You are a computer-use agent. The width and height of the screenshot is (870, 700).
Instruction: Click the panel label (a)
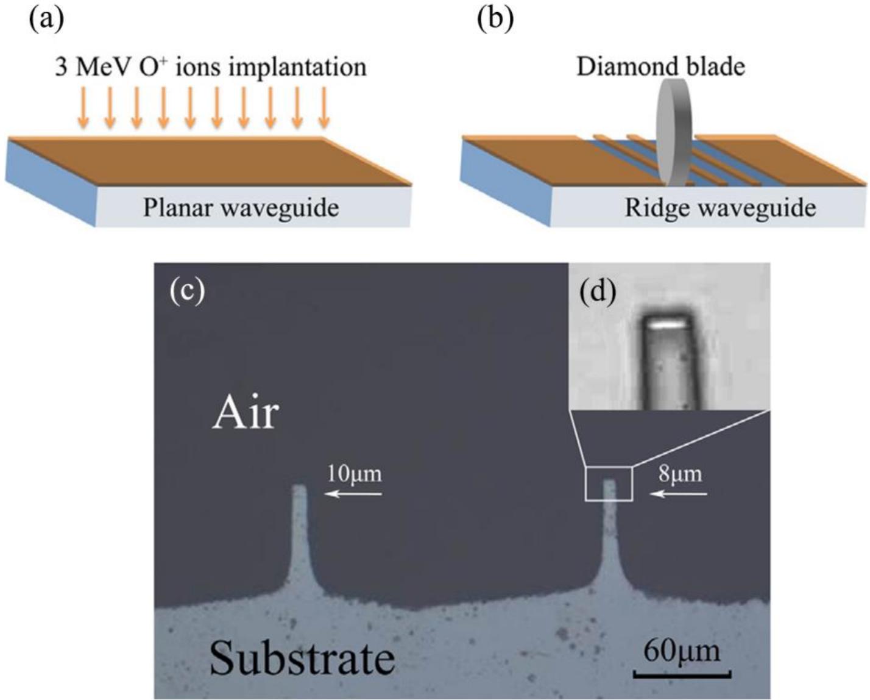click(x=46, y=20)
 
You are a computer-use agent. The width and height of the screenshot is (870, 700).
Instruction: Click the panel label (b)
click(x=495, y=20)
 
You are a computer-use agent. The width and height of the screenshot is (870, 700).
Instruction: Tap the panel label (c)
click(x=187, y=290)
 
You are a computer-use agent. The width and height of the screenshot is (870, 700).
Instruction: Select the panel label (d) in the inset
click(x=597, y=291)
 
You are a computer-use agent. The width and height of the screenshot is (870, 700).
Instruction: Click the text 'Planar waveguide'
click(x=241, y=208)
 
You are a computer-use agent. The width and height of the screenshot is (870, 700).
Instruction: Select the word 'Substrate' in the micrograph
click(x=302, y=659)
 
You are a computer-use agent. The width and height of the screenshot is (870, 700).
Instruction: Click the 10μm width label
click(x=354, y=473)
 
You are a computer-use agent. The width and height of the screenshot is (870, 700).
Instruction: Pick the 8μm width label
click(x=680, y=473)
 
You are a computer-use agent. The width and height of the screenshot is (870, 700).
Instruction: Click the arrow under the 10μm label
click(x=353, y=494)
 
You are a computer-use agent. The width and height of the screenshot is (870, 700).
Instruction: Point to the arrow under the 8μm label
click(x=679, y=494)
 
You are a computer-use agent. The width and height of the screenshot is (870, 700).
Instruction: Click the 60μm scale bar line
click(x=682, y=675)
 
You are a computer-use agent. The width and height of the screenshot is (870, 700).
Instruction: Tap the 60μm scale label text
click(x=682, y=651)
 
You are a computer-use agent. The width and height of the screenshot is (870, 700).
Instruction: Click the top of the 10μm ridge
click(x=299, y=488)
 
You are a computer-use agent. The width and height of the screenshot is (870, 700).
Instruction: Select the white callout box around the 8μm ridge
click(x=609, y=468)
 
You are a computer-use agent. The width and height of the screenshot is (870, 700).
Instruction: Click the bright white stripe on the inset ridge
click(x=664, y=325)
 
